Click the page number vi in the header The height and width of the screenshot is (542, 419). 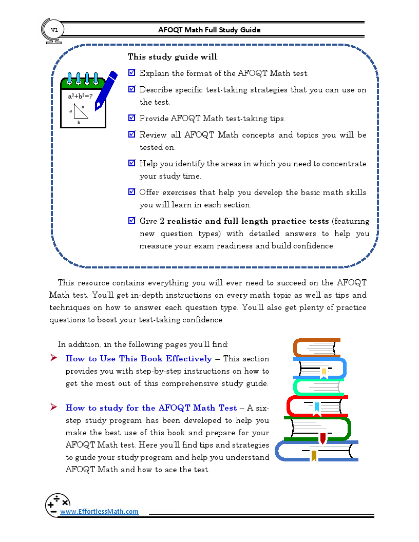click(53, 30)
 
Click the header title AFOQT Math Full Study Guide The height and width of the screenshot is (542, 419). click(209, 30)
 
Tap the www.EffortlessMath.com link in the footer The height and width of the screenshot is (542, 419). click(99, 511)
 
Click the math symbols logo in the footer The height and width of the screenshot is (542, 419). click(58, 504)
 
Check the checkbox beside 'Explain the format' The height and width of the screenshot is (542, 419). click(131, 73)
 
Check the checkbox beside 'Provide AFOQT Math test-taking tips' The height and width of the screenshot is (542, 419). click(131, 119)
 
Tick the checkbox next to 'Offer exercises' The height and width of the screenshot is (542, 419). click(131, 192)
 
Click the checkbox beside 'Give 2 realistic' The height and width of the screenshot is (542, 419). click(131, 221)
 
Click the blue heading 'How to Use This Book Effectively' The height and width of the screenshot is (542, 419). click(139, 359)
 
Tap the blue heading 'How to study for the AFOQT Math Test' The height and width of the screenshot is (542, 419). click(151, 408)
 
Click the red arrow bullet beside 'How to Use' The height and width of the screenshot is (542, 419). click(53, 358)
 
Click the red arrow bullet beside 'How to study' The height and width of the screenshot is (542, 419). click(53, 408)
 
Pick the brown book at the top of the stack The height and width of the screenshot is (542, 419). click(316, 347)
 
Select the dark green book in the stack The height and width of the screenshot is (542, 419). click(317, 429)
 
